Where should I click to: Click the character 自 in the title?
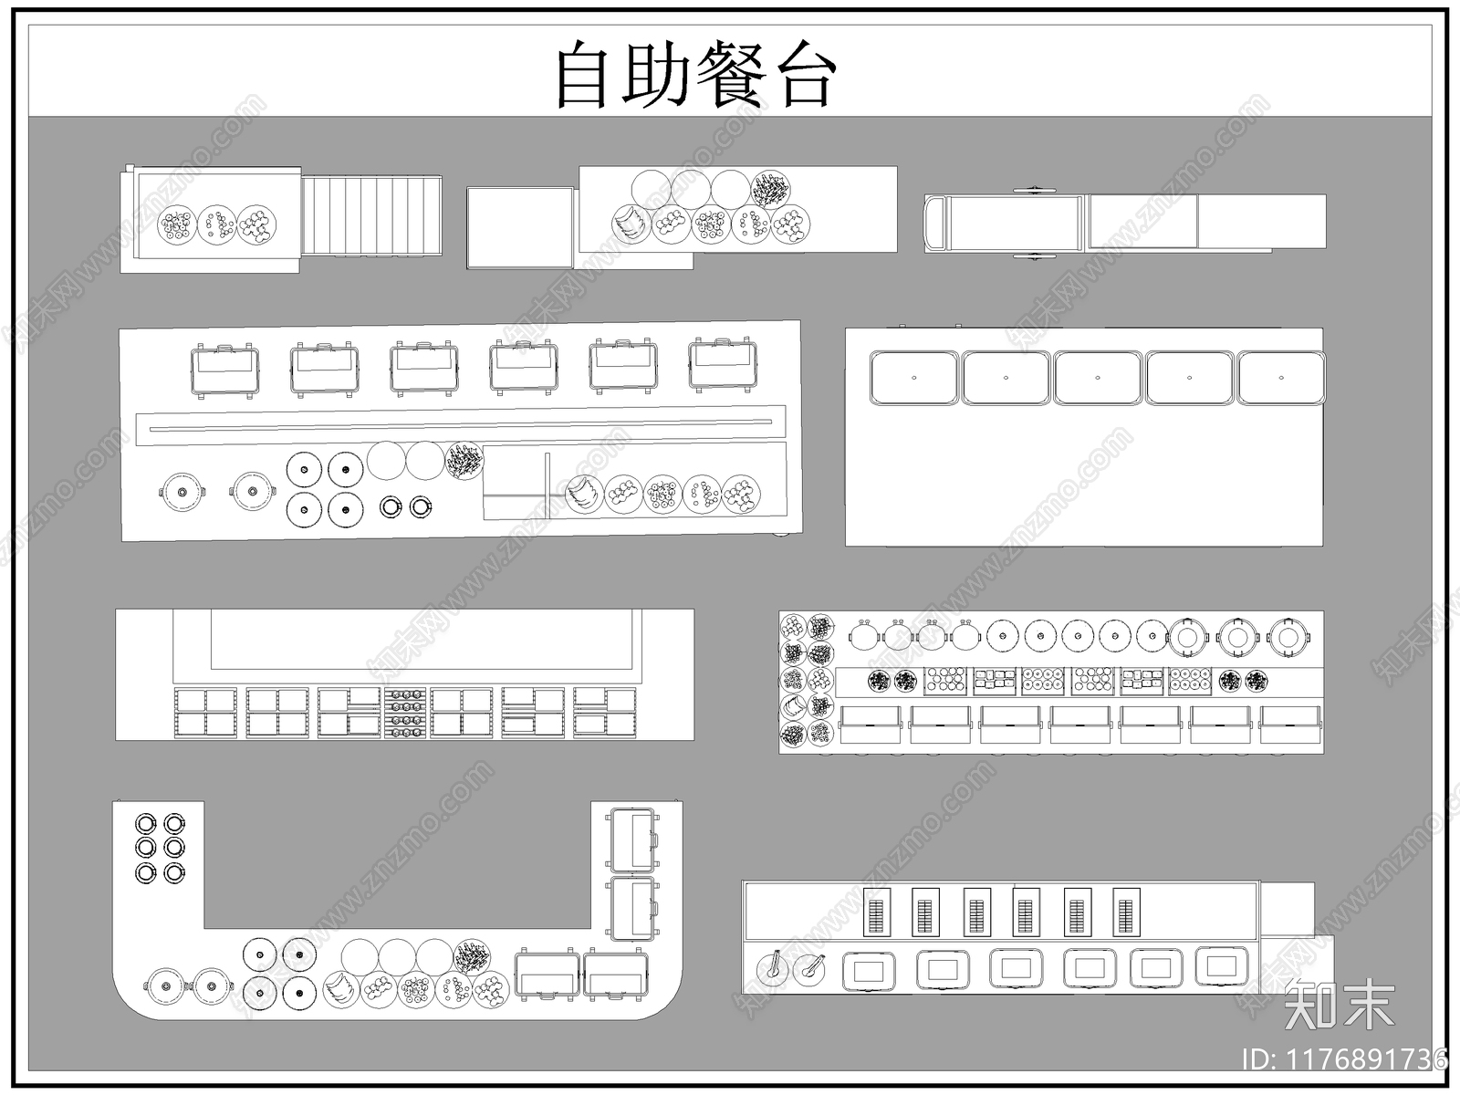coord(581,75)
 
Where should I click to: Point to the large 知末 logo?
coord(1339,1004)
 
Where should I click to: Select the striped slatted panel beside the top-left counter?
coord(371,215)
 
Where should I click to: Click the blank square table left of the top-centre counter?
coord(520,228)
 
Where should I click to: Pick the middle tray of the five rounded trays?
coord(1098,378)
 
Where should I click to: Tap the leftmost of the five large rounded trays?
coord(914,378)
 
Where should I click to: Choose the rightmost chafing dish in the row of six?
coord(723,364)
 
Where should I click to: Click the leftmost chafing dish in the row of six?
coord(224,370)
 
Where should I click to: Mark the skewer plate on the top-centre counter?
coord(770,190)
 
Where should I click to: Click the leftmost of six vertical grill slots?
coord(876,912)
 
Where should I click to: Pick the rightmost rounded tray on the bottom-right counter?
coord(1221,966)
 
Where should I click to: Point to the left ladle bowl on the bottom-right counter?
coord(773,969)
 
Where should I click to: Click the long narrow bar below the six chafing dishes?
coord(460,425)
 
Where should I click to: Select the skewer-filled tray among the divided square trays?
coord(405,713)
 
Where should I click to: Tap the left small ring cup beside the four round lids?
coord(391,507)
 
